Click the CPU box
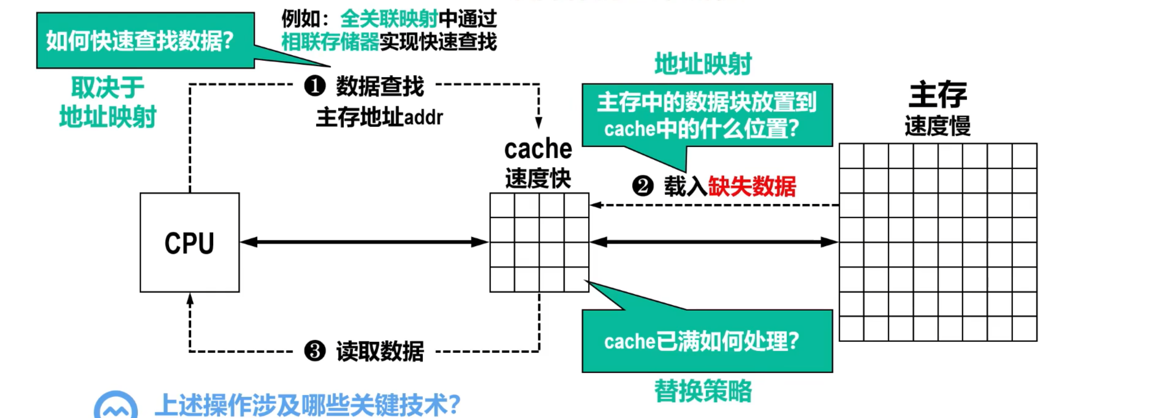coord(189,243)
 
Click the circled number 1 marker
coord(315,86)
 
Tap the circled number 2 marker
coord(642,186)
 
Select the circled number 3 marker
coord(315,351)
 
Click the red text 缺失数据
coord(752,186)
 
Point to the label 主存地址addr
coord(379,118)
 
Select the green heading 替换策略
coord(703,391)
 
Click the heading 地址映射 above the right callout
coord(703,64)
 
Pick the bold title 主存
coord(937,94)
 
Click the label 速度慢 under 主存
coord(937,125)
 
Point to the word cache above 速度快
coord(538,149)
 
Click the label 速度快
coord(538,178)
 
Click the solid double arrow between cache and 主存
coord(714,242)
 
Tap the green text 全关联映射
coord(389,19)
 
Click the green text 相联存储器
coord(330,42)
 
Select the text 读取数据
coord(380,352)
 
